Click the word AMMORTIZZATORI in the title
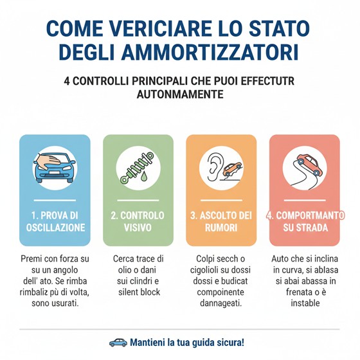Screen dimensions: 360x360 (x=210, y=52)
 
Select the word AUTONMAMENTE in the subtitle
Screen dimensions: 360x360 (x=180, y=94)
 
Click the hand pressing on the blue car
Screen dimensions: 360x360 (x=48, y=161)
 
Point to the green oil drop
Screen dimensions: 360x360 (x=144, y=176)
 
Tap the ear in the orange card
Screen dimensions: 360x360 (x=214, y=167)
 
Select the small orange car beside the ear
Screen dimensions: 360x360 (x=232, y=170)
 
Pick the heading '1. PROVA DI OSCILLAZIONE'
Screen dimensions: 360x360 (x=55, y=222)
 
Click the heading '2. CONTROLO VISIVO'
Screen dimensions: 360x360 (x=138, y=222)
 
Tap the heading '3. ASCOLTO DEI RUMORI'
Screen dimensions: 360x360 (x=221, y=222)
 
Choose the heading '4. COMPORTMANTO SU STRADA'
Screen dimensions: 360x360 (x=305, y=222)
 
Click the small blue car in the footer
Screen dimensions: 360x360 (x=118, y=343)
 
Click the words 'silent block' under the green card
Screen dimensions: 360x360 (x=139, y=292)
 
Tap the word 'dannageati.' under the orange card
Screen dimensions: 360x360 (x=221, y=303)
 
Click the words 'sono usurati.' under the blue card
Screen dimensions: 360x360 (x=55, y=303)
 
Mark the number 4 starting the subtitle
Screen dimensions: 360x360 (x=67, y=81)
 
